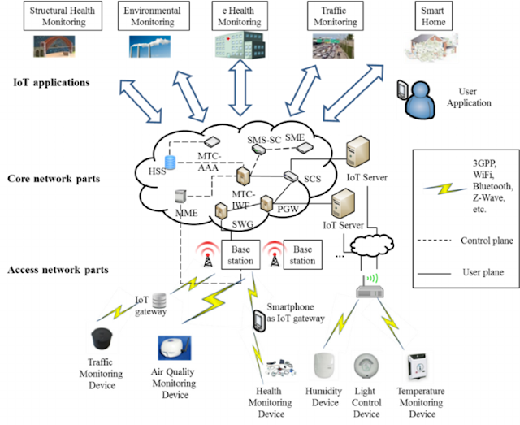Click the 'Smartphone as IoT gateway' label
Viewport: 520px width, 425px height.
click(295, 314)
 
